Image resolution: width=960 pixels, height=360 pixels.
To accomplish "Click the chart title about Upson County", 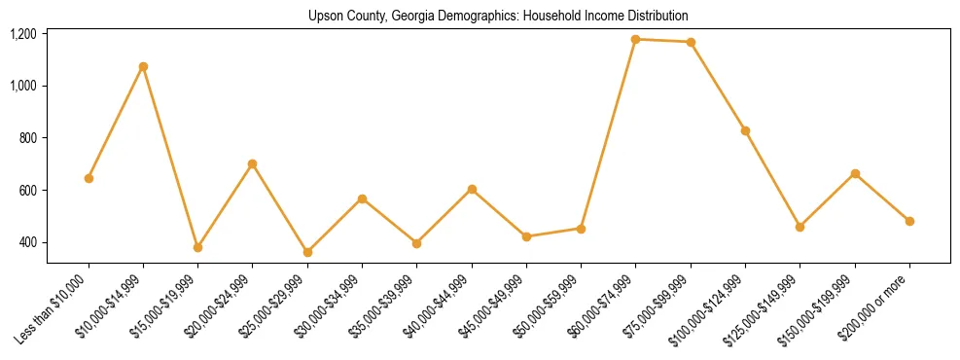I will pos(498,16).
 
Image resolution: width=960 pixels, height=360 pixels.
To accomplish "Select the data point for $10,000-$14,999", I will pos(143,67).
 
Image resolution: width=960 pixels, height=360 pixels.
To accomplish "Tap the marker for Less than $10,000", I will pos(89,178).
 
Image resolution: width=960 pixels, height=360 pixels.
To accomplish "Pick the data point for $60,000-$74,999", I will pos(635,39).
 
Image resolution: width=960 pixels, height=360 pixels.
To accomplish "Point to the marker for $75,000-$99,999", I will pos(691,42).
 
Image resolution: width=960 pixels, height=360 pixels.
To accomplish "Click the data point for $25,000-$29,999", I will pos(307,252).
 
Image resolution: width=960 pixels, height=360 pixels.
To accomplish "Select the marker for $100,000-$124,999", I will pos(745,130).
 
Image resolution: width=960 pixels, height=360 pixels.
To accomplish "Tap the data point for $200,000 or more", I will pos(909,221).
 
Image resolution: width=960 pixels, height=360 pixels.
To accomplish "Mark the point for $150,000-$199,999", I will pos(855,173).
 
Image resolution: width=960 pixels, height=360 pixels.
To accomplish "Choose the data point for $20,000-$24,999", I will pos(253,163).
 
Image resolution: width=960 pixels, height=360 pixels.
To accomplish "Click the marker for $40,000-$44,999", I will pos(472,189).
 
